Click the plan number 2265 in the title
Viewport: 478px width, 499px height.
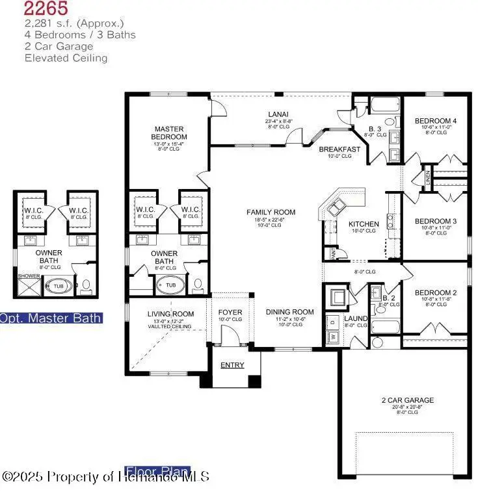pyautogui.click(x=47, y=8)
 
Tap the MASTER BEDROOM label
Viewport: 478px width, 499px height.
pyautogui.click(x=170, y=133)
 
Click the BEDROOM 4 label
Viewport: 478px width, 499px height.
pyautogui.click(x=436, y=121)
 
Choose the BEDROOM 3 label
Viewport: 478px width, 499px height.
pyautogui.click(x=436, y=221)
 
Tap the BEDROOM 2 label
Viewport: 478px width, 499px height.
pyautogui.click(x=436, y=292)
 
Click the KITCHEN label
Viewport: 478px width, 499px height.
pyautogui.click(x=363, y=224)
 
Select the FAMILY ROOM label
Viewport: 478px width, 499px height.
pyautogui.click(x=271, y=212)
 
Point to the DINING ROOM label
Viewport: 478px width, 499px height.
pyautogui.click(x=290, y=312)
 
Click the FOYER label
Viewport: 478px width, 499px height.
pyautogui.click(x=230, y=313)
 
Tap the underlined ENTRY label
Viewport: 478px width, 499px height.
pyautogui.click(x=232, y=365)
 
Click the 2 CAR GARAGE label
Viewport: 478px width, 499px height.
pyautogui.click(x=408, y=400)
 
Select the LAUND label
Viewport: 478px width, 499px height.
pyautogui.click(x=356, y=318)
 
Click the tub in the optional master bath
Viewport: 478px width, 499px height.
pyautogui.click(x=59, y=285)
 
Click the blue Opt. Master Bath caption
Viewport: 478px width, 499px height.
pyautogui.click(x=51, y=318)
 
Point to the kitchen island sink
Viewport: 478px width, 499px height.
pyautogui.click(x=336, y=208)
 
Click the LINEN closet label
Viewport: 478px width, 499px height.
pyautogui.click(x=427, y=175)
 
